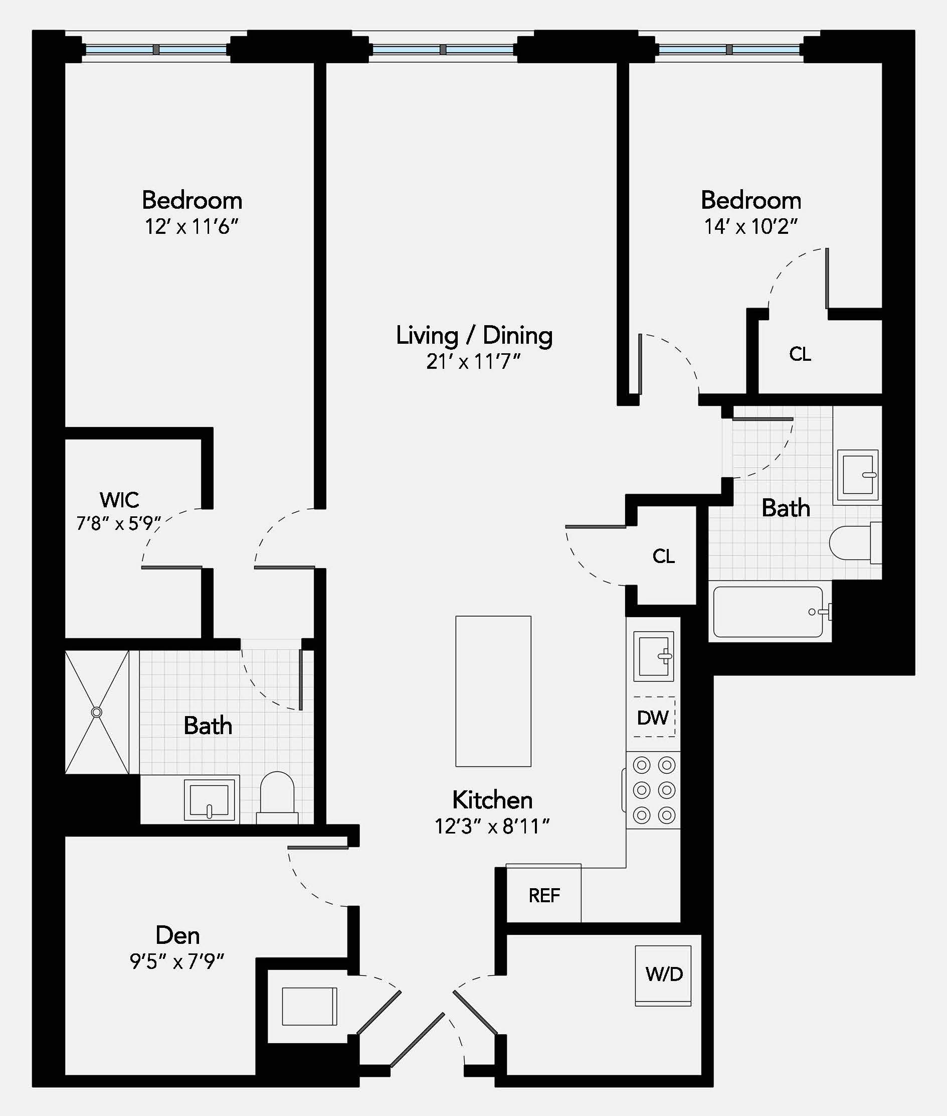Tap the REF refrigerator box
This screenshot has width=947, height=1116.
[x=544, y=895]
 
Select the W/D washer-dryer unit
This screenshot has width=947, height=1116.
[x=664, y=974]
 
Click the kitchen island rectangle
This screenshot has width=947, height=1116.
[x=493, y=691]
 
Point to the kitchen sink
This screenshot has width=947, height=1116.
[x=653, y=656]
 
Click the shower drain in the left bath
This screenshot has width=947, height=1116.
[x=97, y=713]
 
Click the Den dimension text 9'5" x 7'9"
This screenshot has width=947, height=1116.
[x=177, y=961]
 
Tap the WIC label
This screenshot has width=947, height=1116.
[x=119, y=500]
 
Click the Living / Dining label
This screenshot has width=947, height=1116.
[x=474, y=336]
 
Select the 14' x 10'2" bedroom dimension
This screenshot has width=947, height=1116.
[x=750, y=227]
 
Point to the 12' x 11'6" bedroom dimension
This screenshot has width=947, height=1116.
[x=191, y=227]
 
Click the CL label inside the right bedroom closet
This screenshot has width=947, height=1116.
[x=800, y=354]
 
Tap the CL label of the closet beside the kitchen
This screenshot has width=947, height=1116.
[x=664, y=556]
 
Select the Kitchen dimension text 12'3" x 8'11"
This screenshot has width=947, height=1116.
[x=492, y=826]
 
